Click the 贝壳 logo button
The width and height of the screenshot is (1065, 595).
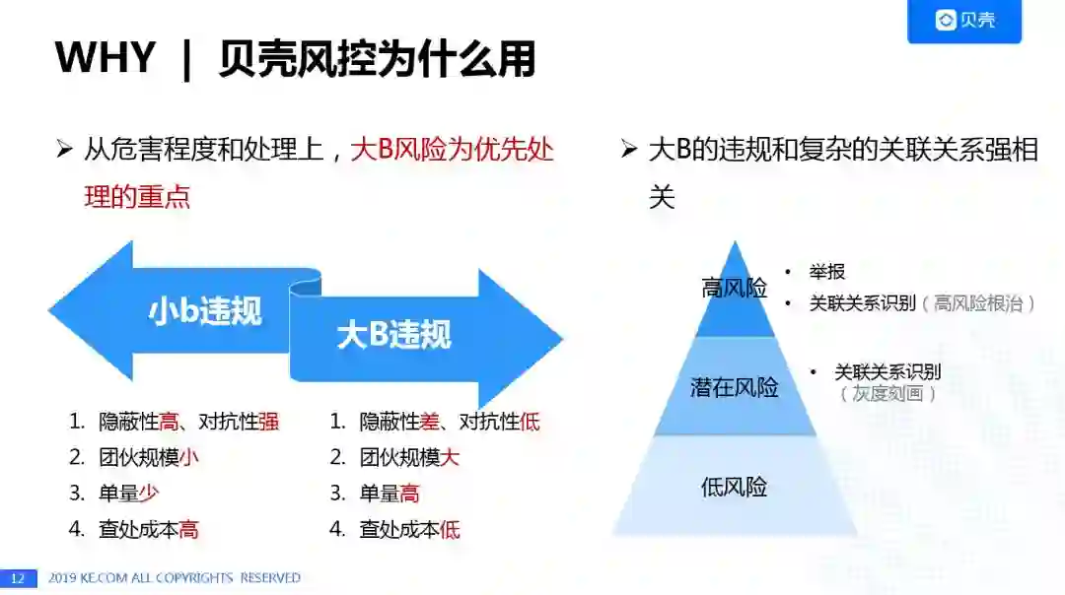tap(964, 21)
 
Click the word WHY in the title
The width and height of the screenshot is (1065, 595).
tap(106, 59)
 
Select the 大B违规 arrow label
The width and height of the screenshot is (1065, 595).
tap(393, 335)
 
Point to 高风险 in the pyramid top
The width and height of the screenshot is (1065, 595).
tap(734, 288)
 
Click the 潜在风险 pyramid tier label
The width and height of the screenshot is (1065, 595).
tap(734, 387)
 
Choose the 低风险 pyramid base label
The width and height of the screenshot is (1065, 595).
tap(734, 487)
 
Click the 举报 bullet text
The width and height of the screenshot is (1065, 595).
tap(827, 272)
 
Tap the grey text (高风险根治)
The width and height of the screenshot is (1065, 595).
tap(978, 303)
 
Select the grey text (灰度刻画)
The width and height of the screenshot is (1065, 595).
tap(887, 394)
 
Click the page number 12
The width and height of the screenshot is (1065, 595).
tap(17, 578)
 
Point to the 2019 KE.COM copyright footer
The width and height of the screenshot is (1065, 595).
tap(175, 578)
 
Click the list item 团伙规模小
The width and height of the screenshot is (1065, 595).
tap(149, 458)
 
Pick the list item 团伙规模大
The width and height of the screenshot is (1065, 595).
tap(409, 458)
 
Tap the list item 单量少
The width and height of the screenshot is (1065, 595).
tap(129, 494)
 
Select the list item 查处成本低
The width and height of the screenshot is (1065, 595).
tap(409, 530)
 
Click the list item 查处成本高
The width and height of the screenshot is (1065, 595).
tap(149, 530)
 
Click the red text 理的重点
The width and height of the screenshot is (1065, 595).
tap(137, 196)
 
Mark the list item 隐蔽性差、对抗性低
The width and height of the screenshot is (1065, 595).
tap(450, 423)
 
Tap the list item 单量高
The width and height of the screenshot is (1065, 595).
tap(390, 494)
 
